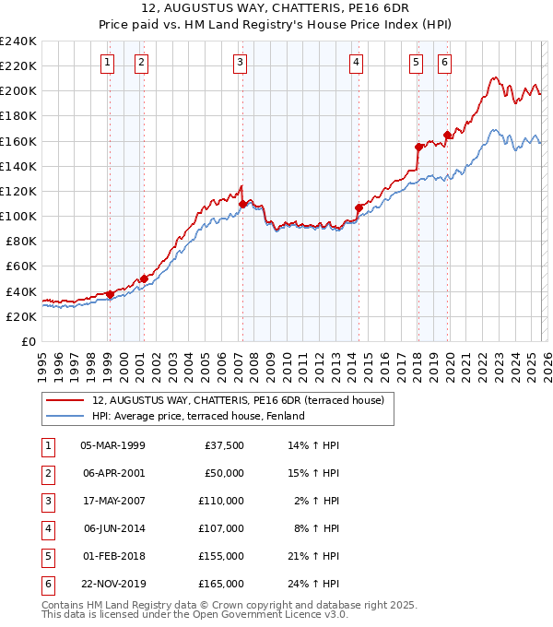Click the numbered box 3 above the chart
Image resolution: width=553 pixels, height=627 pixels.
pyautogui.click(x=240, y=63)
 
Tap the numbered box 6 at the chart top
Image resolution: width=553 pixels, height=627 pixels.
pyautogui.click(x=444, y=63)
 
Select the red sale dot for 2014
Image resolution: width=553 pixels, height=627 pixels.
pyautogui.click(x=359, y=207)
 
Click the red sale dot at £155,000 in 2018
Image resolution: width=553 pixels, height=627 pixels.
pyautogui.click(x=418, y=147)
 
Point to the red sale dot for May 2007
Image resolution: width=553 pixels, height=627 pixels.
pyautogui.click(x=242, y=203)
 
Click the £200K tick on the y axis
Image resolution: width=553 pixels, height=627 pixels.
pyautogui.click(x=18, y=91)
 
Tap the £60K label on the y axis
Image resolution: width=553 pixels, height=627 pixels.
pyautogui.click(x=21, y=266)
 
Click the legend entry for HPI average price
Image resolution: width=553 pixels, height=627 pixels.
pyautogui.click(x=198, y=416)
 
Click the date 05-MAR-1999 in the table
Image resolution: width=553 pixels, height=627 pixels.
pyautogui.click(x=112, y=445)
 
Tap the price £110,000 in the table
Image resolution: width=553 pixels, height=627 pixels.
pyautogui.click(x=221, y=501)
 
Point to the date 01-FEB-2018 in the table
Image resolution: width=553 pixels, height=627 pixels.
pyautogui.click(x=112, y=556)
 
